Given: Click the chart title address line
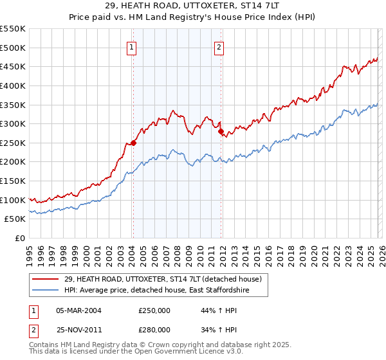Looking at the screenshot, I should point(192,6).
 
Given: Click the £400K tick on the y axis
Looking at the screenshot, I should point(13,85).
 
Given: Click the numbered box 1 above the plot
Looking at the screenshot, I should point(131,46).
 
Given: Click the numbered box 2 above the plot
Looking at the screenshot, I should point(219,46).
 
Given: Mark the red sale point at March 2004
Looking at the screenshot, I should point(133,143).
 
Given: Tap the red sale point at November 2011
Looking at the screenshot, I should point(221,132).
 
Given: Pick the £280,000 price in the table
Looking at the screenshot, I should point(154,329).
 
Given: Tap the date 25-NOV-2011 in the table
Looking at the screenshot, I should point(78,329).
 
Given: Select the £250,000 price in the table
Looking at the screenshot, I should point(154,310).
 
